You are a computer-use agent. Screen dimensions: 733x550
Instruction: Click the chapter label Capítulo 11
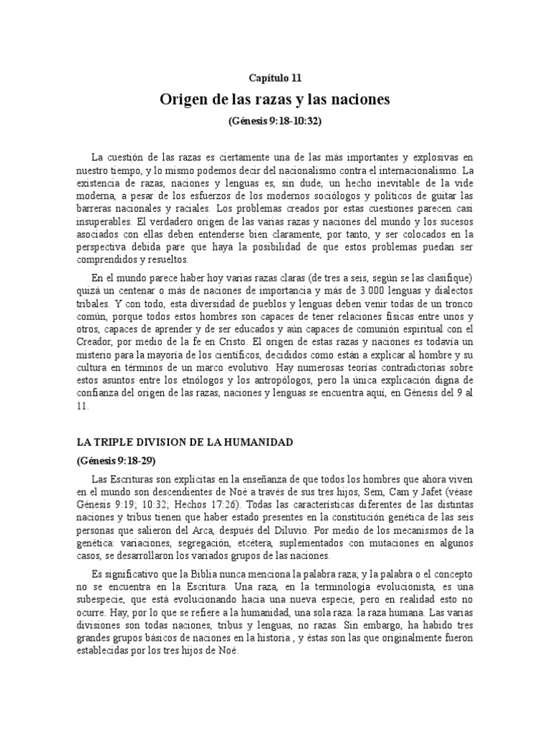[275, 77]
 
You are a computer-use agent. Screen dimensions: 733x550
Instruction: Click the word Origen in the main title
[183, 99]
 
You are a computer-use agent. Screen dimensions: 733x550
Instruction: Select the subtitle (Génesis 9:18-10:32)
[275, 122]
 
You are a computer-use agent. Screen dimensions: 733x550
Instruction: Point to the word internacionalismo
[415, 171]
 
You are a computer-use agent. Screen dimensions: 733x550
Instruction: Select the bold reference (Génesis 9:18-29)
[116, 460]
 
